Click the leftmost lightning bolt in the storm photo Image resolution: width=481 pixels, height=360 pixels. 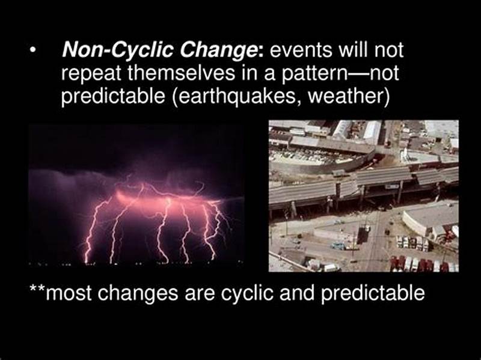point(92,231)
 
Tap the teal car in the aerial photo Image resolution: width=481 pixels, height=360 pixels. point(339,246)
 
